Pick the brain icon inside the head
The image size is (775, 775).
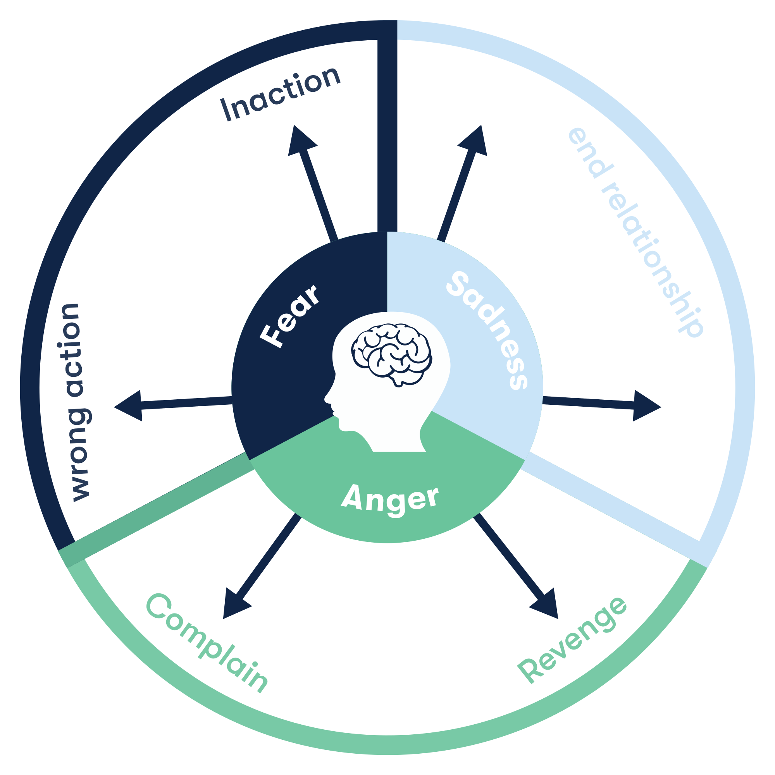[392, 356]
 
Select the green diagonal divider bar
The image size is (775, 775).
[157, 510]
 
